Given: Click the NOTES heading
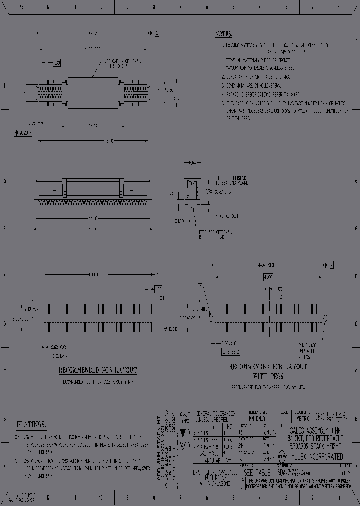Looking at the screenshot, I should tap(223, 34).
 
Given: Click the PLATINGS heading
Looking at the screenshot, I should tap(31, 425).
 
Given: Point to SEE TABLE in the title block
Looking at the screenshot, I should tap(257, 472).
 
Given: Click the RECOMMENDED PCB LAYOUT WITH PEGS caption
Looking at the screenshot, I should tap(268, 371).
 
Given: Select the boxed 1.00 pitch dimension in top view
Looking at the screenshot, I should tap(56, 63).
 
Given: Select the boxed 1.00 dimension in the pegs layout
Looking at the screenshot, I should tap(268, 276).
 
